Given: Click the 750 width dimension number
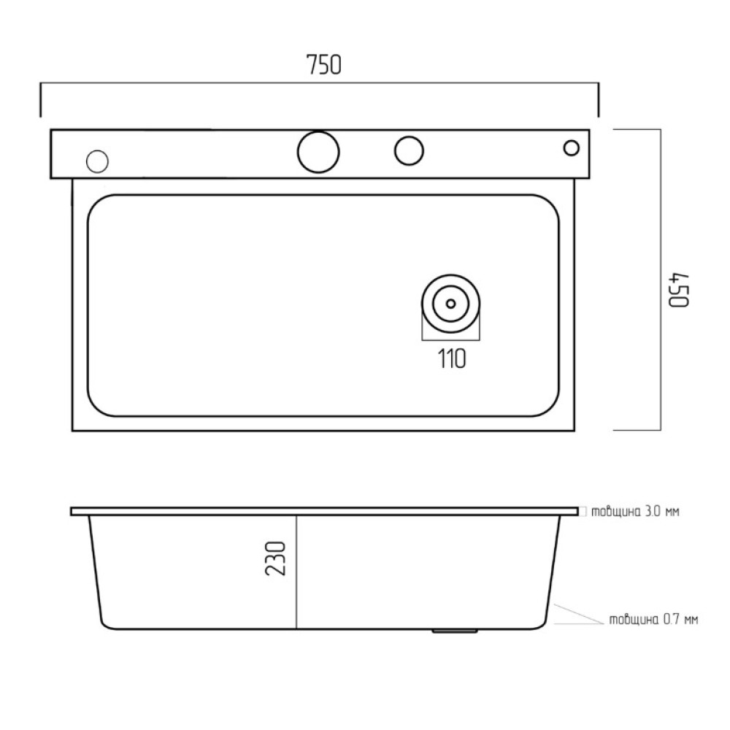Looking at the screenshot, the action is [x=324, y=65].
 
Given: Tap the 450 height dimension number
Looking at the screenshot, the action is [x=679, y=290].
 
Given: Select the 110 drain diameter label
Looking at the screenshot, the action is [x=452, y=359].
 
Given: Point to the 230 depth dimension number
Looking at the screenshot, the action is [x=275, y=558].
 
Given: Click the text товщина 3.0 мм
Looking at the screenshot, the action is [x=635, y=512].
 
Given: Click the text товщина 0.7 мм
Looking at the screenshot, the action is [x=653, y=620].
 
